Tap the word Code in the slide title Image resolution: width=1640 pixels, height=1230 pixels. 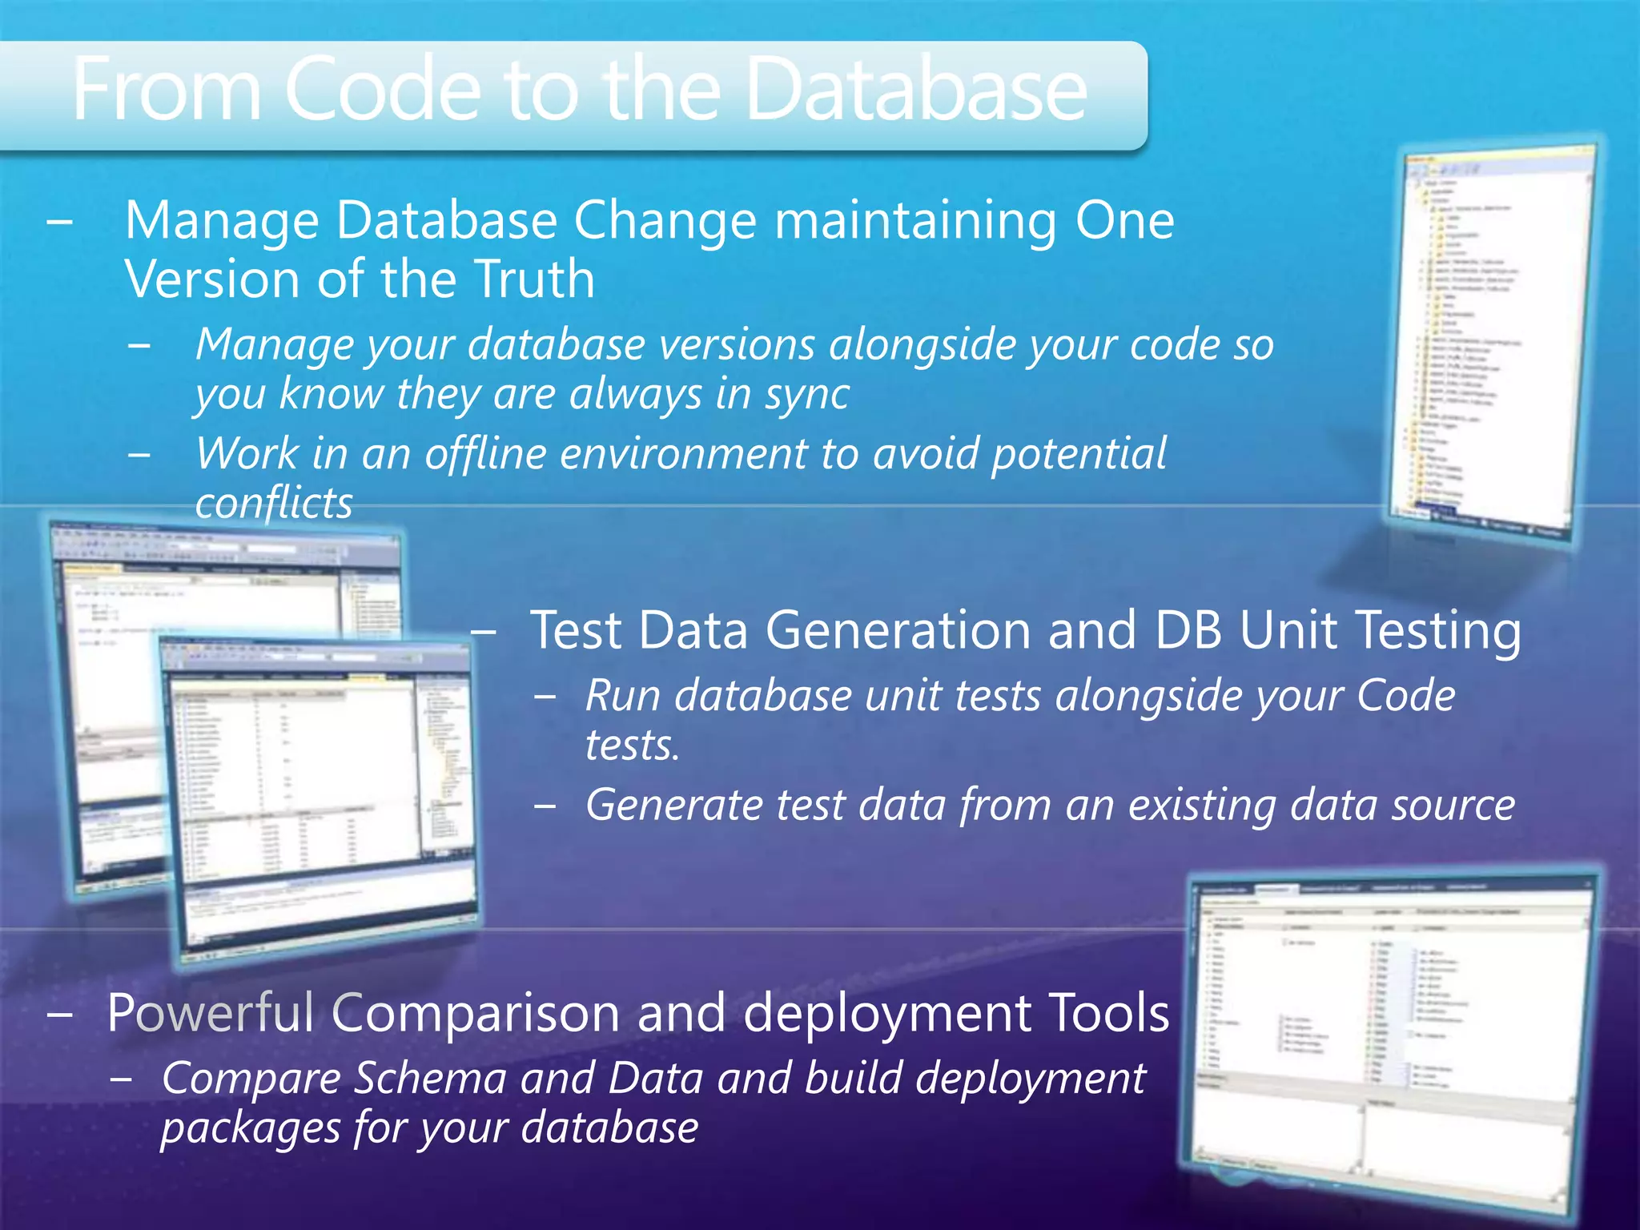click(x=383, y=90)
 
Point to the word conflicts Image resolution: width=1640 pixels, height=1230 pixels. click(x=274, y=503)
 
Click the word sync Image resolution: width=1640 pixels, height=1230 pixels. click(x=806, y=395)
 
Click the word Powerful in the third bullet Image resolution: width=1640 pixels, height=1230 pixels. click(x=210, y=1013)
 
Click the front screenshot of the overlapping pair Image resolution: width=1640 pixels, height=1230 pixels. click(x=320, y=801)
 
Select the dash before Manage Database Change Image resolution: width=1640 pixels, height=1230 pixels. click(x=60, y=221)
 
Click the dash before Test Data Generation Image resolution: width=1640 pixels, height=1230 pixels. click(x=484, y=631)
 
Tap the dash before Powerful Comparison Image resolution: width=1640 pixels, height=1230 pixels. click(x=60, y=1014)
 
